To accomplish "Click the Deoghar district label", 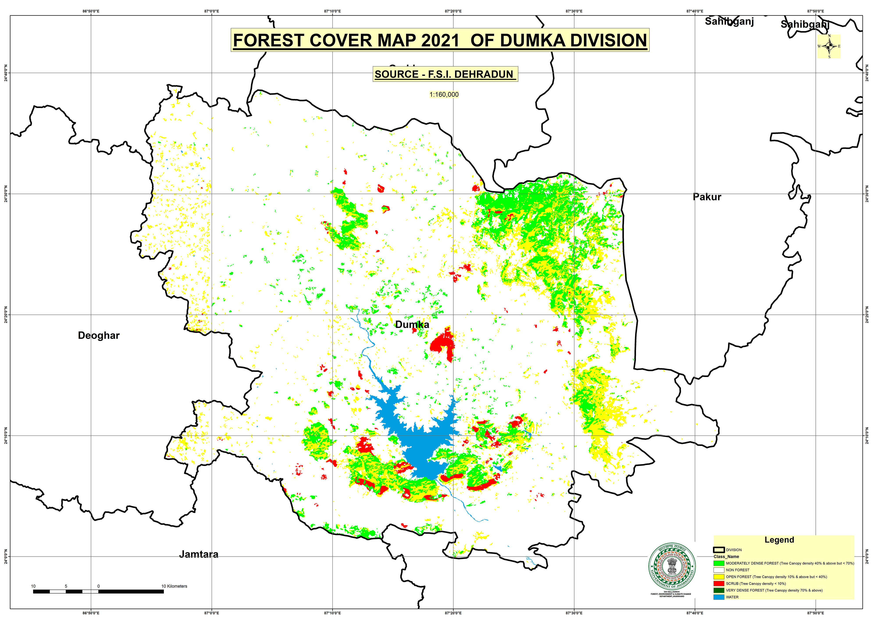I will [98, 336].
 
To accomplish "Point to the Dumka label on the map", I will [412, 325].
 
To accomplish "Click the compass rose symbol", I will [829, 46].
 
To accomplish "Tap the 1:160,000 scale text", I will [444, 94].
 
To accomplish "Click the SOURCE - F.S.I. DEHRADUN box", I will [445, 74].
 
